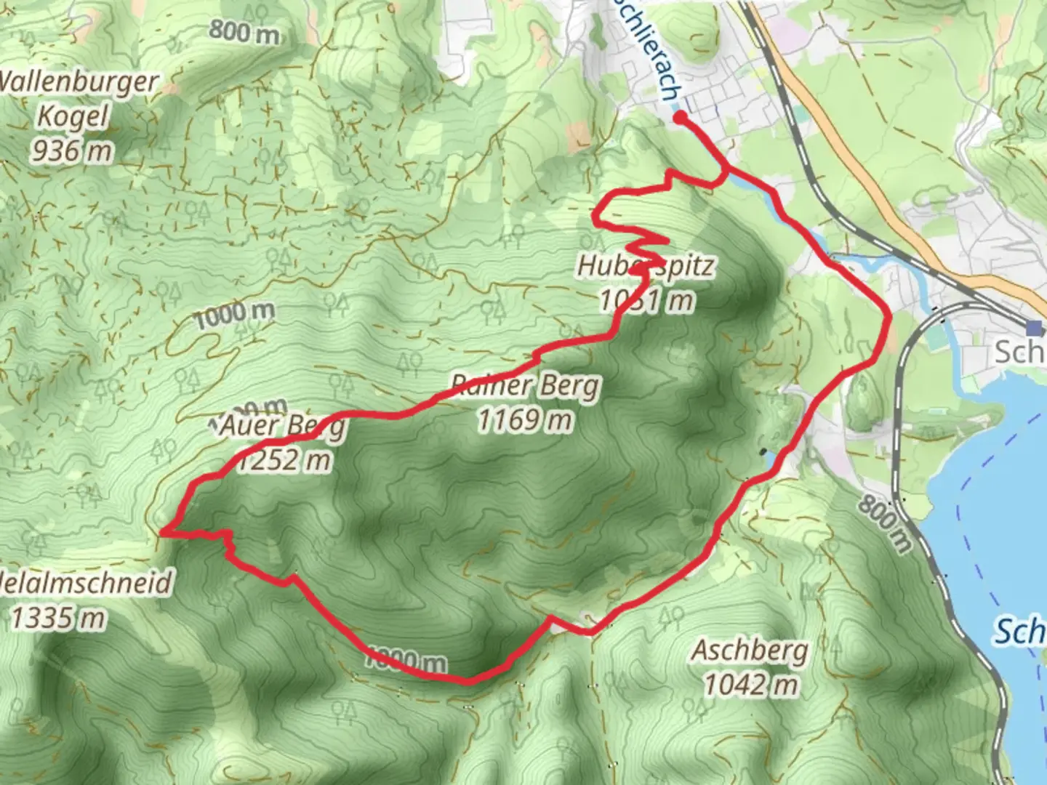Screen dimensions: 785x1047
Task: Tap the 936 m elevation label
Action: tap(71, 150)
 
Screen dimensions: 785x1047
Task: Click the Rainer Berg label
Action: tap(525, 385)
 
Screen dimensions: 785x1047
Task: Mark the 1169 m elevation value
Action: tap(524, 420)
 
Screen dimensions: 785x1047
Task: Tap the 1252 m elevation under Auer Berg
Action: tap(284, 460)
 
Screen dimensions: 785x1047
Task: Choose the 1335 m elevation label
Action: tap(58, 618)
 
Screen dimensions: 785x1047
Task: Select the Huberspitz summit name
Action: tap(645, 266)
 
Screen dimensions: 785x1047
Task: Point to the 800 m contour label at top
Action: tap(244, 31)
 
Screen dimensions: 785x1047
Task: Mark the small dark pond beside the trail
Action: tap(763, 454)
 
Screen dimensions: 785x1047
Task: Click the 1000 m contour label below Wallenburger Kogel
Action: tap(234, 315)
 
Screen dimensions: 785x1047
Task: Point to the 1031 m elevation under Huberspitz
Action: tap(646, 299)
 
